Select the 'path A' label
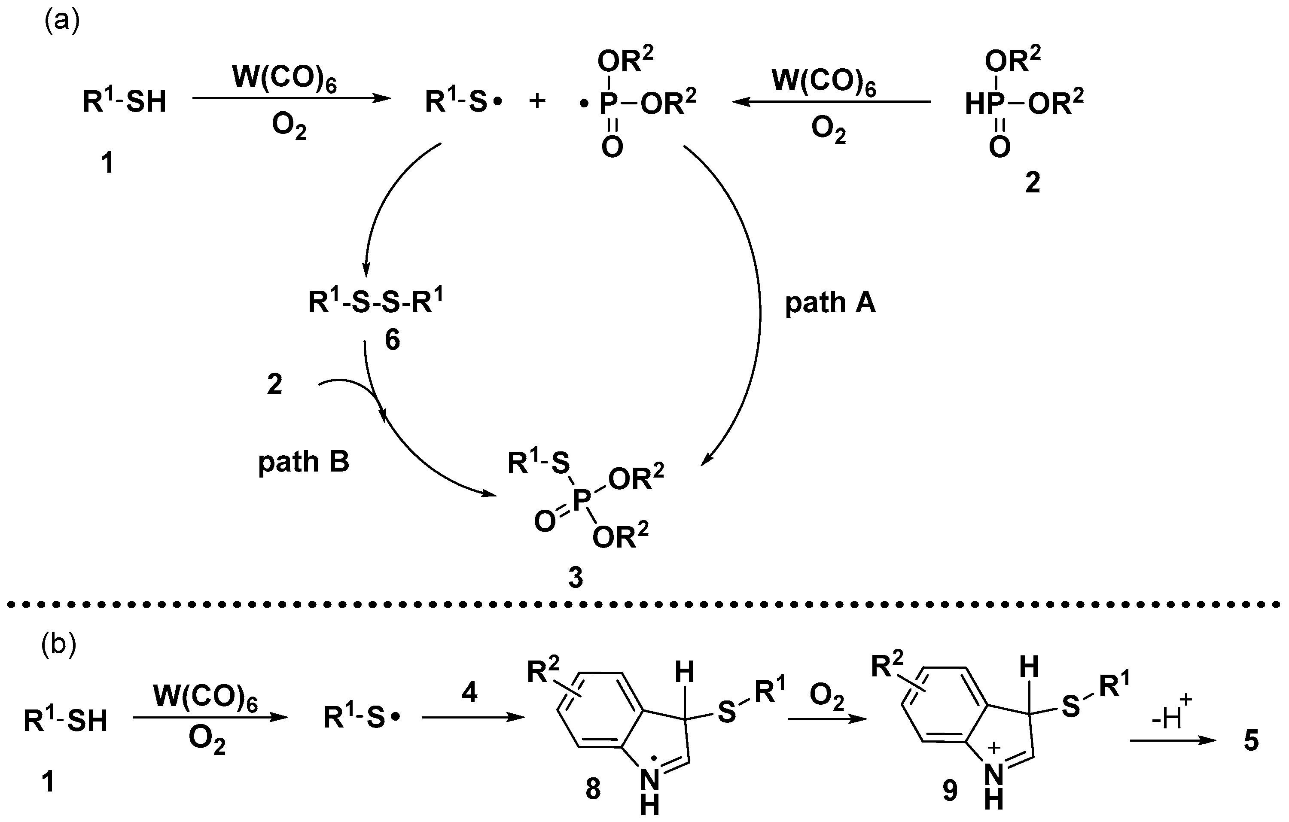click(830, 304)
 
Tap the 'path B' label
click(304, 462)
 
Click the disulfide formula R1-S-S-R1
click(376, 302)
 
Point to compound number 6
click(393, 341)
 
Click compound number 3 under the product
click(576, 578)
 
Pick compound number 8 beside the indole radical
click(593, 789)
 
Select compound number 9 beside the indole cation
click(950, 790)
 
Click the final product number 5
click(1251, 741)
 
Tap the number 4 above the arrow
click(469, 693)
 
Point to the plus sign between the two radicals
click(537, 101)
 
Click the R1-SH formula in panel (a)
click(124, 101)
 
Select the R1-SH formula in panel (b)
click(65, 720)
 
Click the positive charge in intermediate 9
click(993, 748)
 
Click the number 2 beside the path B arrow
click(274, 385)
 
